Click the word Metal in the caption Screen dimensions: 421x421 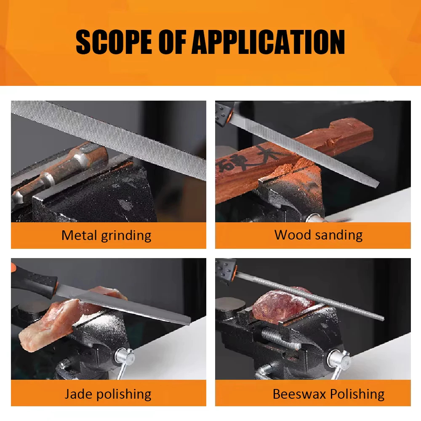(79, 235)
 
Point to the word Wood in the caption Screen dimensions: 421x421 (293, 235)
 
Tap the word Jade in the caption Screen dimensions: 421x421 (78, 394)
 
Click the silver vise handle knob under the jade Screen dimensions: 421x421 (125, 357)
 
